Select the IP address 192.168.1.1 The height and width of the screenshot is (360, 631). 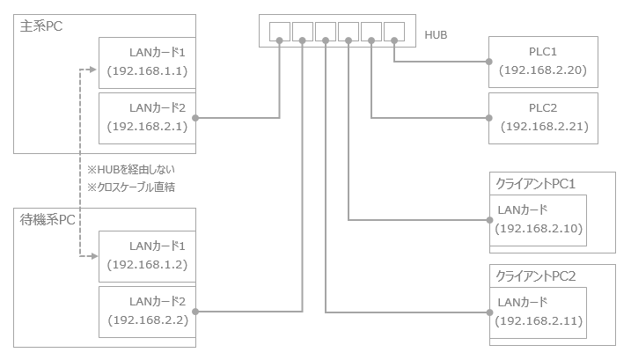(147, 71)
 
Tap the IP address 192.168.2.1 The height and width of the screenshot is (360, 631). (147, 127)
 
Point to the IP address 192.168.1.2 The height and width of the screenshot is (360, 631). (147, 265)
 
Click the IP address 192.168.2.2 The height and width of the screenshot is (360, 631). (147, 320)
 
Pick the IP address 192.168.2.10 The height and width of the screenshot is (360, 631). (539, 228)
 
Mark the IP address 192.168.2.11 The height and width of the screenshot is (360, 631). (539, 320)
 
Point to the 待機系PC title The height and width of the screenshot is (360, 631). (47, 219)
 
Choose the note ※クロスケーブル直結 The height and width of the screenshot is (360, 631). (133, 187)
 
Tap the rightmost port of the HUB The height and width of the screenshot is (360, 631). (393, 30)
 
